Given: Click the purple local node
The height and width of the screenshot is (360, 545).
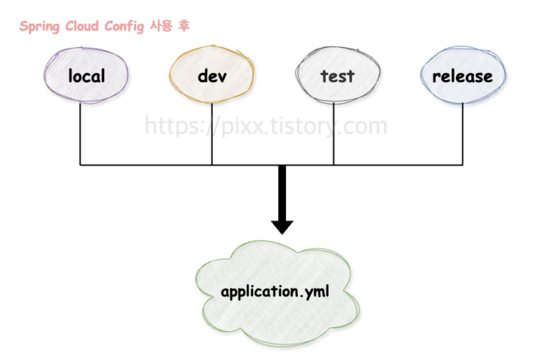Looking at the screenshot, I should click(86, 76).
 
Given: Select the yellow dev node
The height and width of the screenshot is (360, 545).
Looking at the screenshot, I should click(211, 76).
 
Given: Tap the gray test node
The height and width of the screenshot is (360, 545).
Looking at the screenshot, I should click(337, 76).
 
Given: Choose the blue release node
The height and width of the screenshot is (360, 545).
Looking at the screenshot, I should click(463, 76).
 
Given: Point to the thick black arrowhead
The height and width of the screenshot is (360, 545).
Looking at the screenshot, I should click(282, 227).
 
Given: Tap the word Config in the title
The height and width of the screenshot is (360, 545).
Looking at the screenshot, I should click(125, 26).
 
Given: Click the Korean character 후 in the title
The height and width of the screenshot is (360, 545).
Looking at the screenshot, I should click(184, 26).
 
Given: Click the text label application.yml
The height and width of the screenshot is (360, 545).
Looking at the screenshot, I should click(275, 292).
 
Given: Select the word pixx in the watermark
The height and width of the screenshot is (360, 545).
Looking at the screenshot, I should click(241, 125).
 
